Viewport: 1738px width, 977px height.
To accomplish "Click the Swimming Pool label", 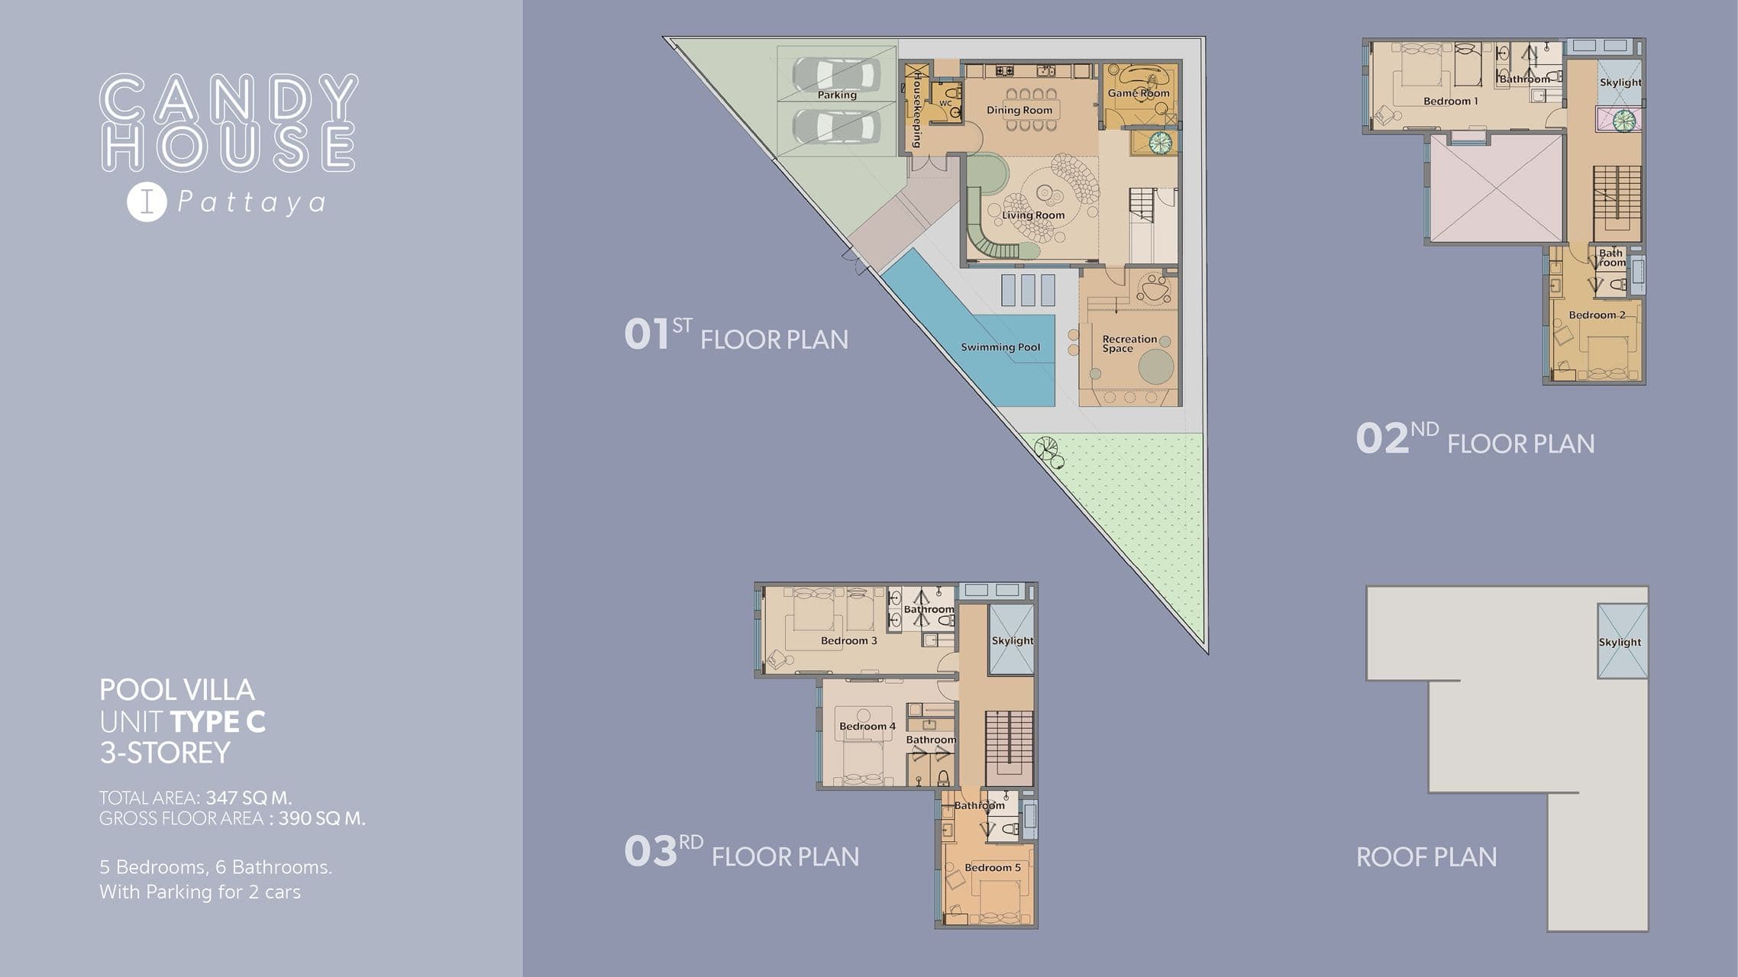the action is [1000, 347].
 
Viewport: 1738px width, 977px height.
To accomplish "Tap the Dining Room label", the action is [1019, 110].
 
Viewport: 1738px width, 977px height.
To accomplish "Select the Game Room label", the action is [1139, 93].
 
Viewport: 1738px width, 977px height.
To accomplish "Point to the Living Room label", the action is [1033, 215].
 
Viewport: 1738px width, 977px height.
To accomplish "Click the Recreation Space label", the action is [1129, 343].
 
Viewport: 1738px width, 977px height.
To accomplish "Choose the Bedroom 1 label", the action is [1451, 102].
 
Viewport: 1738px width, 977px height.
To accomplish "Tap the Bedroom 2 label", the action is [1597, 315].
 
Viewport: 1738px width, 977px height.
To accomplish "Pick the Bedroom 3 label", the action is [849, 641].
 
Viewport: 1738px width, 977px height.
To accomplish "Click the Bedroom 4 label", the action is [867, 727].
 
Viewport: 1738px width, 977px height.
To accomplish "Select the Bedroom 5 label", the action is [993, 868].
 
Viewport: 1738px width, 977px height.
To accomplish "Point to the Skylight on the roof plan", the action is [1620, 643].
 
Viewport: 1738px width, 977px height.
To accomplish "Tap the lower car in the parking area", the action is [836, 126].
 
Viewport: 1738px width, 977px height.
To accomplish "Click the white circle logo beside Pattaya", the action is [147, 202].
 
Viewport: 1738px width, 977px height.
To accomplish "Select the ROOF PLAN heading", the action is [1426, 857].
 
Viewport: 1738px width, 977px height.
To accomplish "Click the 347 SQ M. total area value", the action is [249, 798].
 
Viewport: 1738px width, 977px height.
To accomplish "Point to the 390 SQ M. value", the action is [321, 819].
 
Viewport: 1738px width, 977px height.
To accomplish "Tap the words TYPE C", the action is [218, 722].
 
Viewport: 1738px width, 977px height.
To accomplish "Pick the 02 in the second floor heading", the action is [1381, 440].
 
